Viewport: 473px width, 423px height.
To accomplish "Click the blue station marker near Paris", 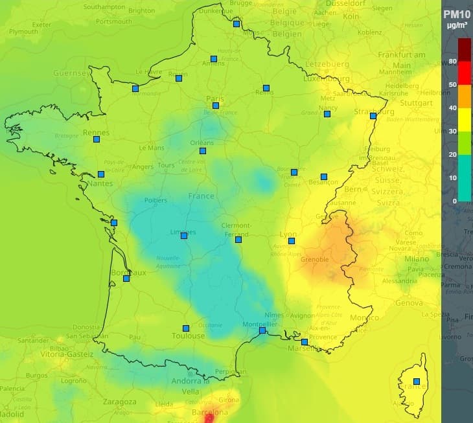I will tap(216, 106).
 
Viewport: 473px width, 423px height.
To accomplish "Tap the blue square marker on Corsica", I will tap(417, 381).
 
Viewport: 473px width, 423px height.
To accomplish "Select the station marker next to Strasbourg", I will tap(373, 117).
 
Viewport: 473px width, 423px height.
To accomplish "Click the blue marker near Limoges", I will tap(184, 235).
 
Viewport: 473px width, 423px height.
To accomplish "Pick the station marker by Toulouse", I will tap(186, 328).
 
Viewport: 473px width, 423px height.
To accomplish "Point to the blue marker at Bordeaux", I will tap(126, 279).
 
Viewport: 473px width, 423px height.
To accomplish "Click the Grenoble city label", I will tap(315, 260).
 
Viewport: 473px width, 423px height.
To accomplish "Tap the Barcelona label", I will tap(211, 413).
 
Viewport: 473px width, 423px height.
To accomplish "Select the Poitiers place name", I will tap(156, 201).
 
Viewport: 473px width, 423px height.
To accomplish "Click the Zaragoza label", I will tap(120, 402).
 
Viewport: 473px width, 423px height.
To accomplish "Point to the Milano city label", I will tap(417, 259).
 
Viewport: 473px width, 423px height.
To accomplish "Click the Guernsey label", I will tap(71, 73).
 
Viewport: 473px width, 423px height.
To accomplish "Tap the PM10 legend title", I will tap(456, 14).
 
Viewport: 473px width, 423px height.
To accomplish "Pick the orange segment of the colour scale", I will tap(465, 97).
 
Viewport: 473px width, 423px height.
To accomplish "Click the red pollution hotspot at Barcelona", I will tap(209, 418).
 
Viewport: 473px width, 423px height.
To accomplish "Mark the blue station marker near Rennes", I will tap(97, 139).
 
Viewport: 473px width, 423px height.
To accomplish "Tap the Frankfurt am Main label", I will tap(402, 60).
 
